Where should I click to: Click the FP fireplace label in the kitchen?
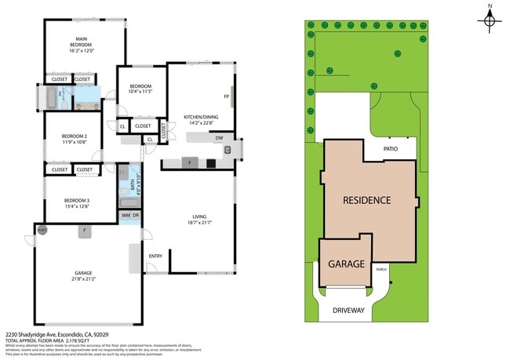[x=226, y=96]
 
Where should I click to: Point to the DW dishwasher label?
[x=220, y=138]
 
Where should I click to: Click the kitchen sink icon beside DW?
[x=228, y=149]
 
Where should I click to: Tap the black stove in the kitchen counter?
[x=210, y=163]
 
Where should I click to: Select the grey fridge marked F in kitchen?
[x=189, y=163]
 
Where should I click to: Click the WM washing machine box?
[x=126, y=215]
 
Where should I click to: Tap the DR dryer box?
[x=136, y=215]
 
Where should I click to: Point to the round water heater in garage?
[x=42, y=230]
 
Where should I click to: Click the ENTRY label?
[x=155, y=256]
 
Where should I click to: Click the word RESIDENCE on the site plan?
[x=366, y=200]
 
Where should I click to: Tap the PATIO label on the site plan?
[x=391, y=147]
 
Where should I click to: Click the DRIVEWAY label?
[x=348, y=311]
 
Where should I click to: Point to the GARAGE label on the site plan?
[x=346, y=264]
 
